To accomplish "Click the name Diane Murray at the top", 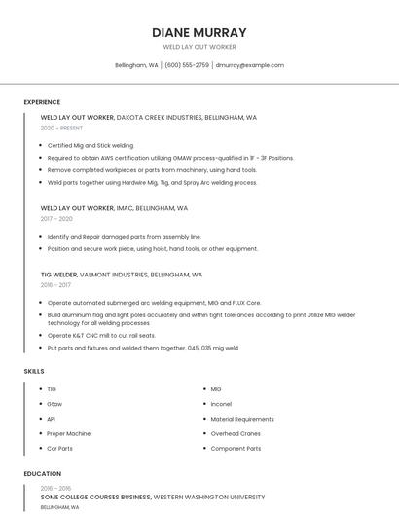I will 199,32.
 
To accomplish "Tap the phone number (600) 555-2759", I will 187,65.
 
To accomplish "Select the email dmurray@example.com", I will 250,65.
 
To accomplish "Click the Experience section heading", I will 42,102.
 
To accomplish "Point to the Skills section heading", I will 34,371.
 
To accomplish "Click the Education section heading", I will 42,474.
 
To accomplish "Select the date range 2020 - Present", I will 61,128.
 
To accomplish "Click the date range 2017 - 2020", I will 56,219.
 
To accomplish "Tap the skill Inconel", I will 221,404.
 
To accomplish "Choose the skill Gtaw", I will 54,404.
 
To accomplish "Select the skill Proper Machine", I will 69,433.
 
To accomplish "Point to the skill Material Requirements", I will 242,419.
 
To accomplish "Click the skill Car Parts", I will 59,448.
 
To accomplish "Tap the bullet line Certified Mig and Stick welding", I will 91,145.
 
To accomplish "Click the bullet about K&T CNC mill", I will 101,335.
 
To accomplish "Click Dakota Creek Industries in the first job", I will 160,117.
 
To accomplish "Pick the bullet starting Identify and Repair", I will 125,237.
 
